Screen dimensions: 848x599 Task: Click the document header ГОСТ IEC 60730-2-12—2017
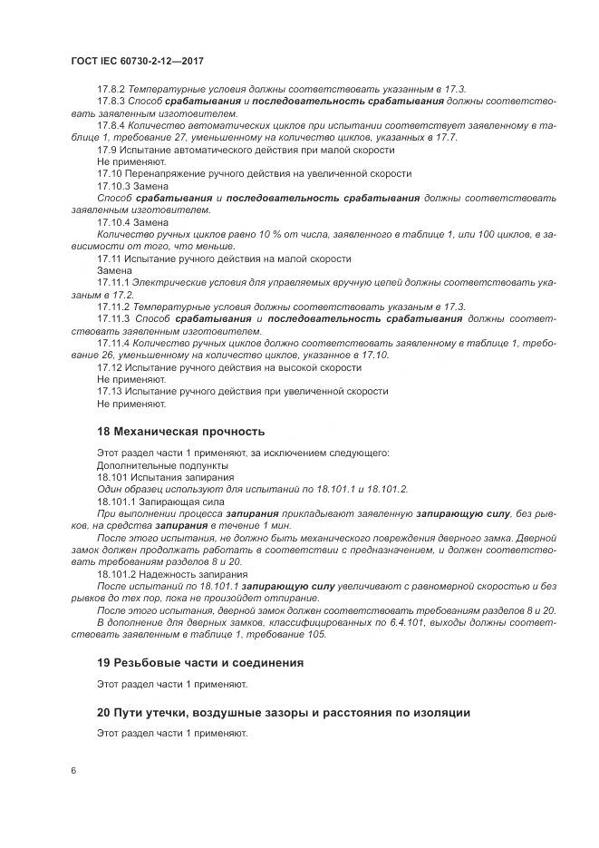pos(136,60)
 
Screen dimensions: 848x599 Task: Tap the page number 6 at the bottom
pos(73,771)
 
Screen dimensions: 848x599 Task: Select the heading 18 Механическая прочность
pos(180,431)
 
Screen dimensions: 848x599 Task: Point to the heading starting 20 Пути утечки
pos(283,713)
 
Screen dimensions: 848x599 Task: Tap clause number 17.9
pos(106,149)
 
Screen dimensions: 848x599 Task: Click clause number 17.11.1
pos(114,283)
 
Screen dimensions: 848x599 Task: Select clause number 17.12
pos(109,367)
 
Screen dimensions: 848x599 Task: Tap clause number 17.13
pos(109,391)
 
